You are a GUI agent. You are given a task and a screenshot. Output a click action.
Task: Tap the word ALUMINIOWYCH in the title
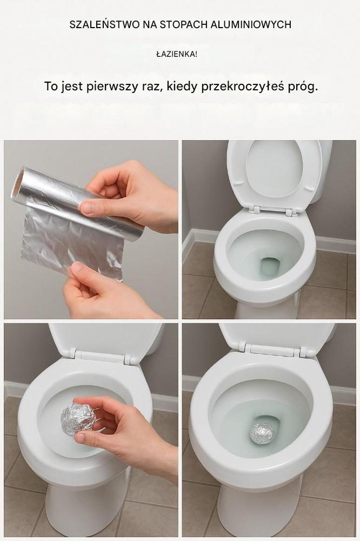tap(251, 24)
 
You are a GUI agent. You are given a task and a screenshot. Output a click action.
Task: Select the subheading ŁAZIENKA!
tap(177, 54)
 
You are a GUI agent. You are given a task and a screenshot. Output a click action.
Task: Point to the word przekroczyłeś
tap(242, 87)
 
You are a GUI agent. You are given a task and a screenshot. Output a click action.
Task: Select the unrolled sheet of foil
tap(72, 241)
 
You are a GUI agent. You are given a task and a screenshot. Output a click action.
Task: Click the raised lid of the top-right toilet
tap(275, 174)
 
